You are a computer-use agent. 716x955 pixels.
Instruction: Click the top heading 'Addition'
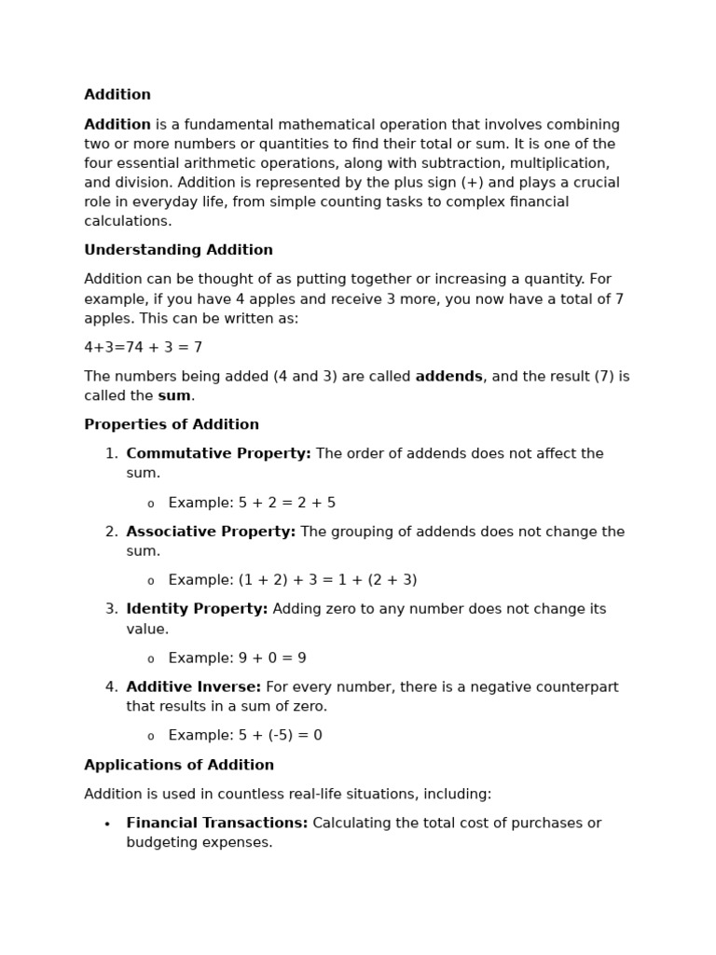pos(117,95)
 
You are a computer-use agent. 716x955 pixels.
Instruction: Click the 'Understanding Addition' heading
pos(178,250)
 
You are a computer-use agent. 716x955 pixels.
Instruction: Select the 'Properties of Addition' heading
pos(172,424)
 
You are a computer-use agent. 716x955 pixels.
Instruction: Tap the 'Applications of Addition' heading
pos(179,765)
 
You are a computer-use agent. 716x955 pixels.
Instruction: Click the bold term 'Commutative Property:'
pos(218,453)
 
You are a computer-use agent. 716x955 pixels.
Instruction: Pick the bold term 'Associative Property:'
pos(211,532)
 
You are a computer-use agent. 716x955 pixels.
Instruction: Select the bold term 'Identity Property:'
pos(197,609)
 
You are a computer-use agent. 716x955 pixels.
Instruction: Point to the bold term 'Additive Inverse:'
pos(194,687)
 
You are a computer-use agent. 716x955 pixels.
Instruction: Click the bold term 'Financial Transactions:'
pos(217,824)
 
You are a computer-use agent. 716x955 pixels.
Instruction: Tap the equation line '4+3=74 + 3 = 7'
pos(143,347)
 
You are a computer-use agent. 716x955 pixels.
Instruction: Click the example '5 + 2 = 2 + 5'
pos(286,503)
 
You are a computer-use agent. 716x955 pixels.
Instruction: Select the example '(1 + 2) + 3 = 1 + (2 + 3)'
pos(327,580)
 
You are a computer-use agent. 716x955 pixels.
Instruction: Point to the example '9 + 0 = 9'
pos(271,657)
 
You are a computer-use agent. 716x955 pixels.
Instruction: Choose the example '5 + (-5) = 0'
pos(280,735)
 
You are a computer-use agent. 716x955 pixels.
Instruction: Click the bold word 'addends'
pos(448,377)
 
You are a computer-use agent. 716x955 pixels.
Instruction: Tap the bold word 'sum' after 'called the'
pos(174,395)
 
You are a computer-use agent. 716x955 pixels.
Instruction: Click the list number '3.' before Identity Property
pos(112,609)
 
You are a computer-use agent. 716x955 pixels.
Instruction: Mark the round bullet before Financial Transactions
pos(107,824)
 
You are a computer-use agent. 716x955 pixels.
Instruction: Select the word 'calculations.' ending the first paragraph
pos(128,221)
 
